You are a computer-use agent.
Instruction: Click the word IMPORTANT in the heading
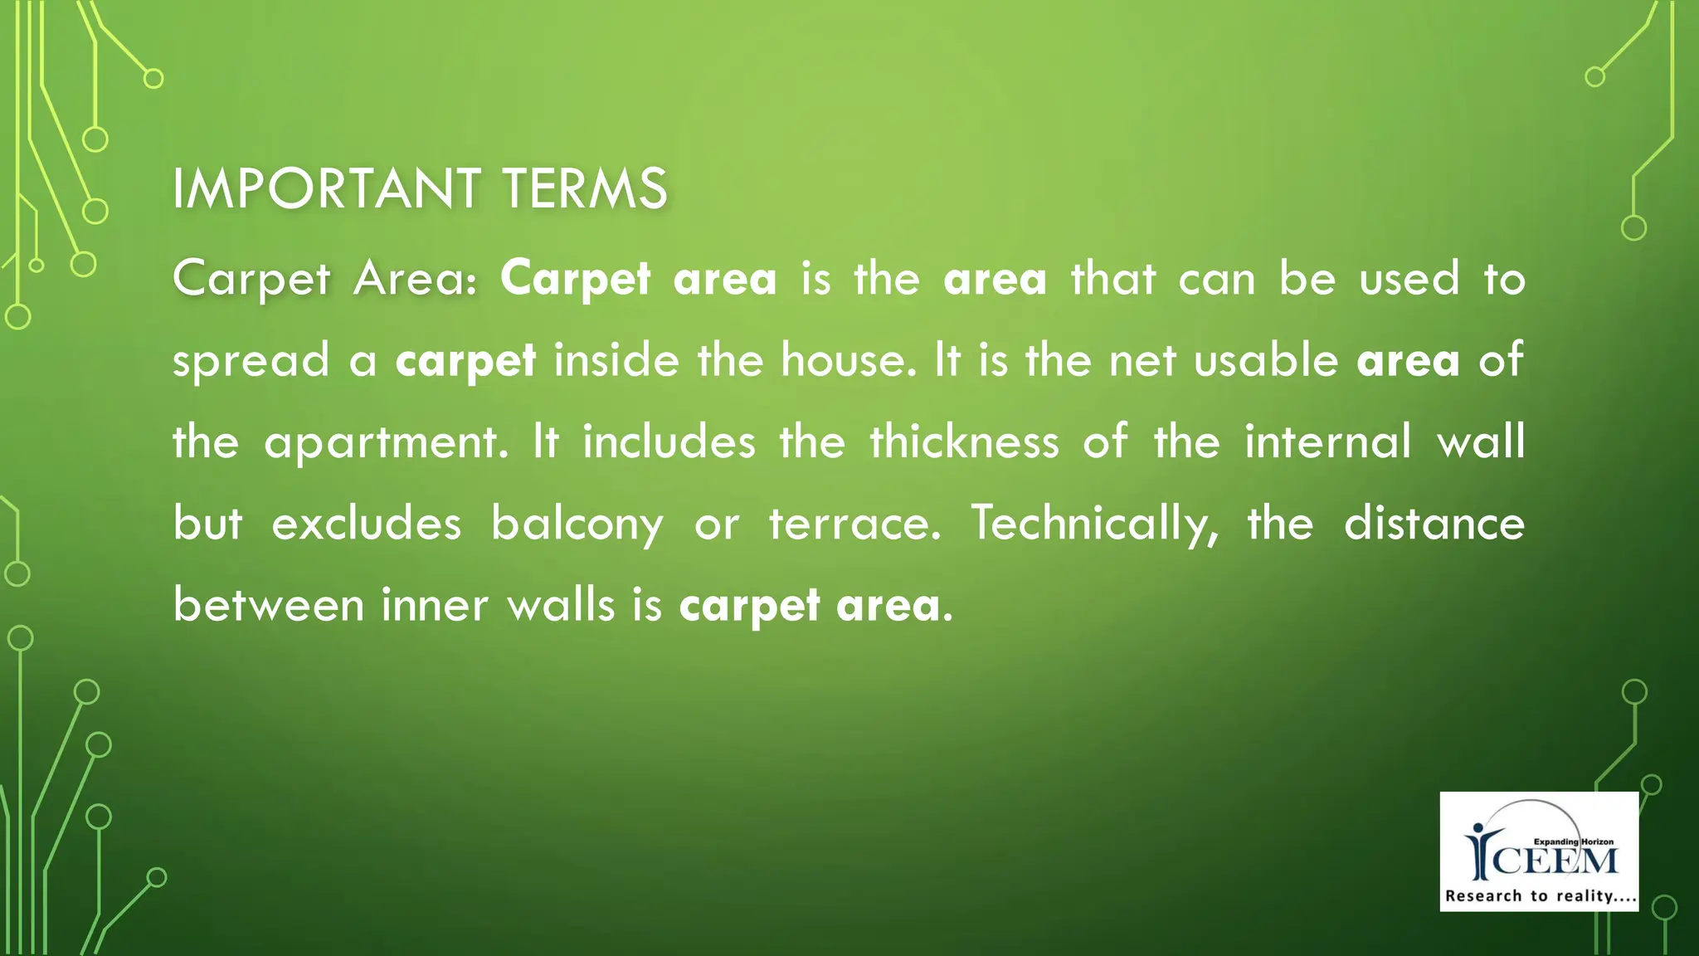(326, 188)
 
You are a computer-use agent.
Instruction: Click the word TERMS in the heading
(585, 188)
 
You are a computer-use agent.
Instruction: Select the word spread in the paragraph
(251, 362)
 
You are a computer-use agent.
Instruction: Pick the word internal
(1327, 441)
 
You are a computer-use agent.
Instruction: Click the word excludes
(366, 524)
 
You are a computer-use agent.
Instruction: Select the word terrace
(854, 524)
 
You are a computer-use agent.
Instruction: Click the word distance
(1434, 524)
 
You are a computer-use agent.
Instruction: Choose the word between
(268, 604)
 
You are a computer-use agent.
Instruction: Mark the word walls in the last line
(561, 604)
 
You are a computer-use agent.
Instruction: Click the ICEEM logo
(1539, 851)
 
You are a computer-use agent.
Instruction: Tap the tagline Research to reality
(1540, 896)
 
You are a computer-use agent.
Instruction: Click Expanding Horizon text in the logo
(1573, 841)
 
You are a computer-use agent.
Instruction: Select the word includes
(669, 441)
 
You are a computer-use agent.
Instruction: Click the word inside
(616, 360)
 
